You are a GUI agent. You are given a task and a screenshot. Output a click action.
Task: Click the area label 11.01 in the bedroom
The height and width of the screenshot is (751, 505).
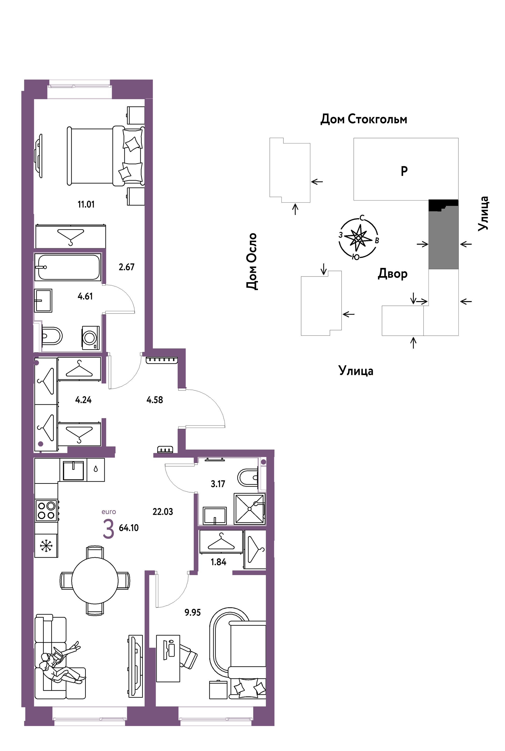[x=86, y=204]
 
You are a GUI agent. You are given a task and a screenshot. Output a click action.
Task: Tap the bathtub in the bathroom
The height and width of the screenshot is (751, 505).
[x=68, y=267]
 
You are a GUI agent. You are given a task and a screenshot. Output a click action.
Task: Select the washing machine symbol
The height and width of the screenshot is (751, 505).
[x=90, y=338]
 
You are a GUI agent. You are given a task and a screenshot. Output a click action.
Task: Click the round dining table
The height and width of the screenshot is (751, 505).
[x=95, y=581]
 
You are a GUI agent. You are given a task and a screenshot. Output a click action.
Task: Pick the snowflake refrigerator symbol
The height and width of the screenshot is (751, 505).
[x=46, y=546]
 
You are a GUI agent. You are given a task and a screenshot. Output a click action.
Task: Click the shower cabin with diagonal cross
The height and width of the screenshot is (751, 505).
[x=250, y=509]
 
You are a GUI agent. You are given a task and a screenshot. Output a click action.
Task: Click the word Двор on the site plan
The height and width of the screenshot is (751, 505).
[x=393, y=274]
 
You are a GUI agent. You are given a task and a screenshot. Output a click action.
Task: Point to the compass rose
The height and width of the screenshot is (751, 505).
[x=358, y=238]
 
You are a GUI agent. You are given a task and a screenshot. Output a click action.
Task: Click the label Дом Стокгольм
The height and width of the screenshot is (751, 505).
[x=364, y=119]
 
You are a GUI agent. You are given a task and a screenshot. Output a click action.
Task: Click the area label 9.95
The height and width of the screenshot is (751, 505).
[x=193, y=612]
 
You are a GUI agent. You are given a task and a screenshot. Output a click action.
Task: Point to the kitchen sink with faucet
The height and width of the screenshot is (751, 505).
[x=73, y=470]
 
